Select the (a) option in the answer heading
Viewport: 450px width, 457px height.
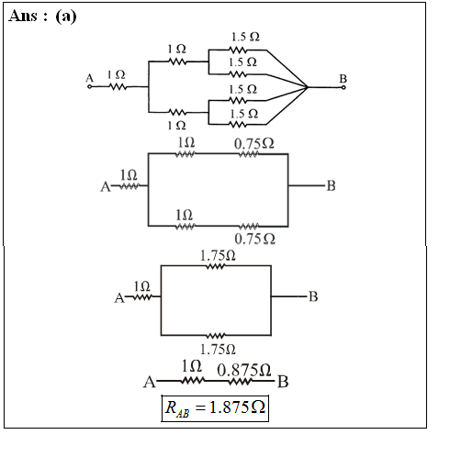coord(66,17)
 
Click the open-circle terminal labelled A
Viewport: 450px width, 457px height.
coord(89,87)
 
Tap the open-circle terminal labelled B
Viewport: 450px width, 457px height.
coord(343,87)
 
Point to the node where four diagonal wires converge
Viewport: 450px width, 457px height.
coord(307,87)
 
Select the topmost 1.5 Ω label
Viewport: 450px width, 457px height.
coord(245,37)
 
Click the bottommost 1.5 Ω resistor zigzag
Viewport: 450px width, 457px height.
coord(238,125)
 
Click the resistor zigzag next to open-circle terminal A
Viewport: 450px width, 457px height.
coord(118,87)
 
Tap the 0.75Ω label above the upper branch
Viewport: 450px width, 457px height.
coord(254,143)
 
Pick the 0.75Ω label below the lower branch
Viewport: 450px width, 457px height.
coord(254,239)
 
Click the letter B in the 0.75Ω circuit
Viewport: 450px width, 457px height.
coord(331,185)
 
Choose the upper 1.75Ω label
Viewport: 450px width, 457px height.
coord(218,255)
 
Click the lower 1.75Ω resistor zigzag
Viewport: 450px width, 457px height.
coord(216,336)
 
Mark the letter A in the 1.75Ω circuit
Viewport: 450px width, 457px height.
coord(119,297)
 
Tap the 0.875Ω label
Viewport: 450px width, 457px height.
coord(244,370)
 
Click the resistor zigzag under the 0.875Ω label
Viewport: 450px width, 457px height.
coord(241,382)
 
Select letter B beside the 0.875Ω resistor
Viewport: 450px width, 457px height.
coord(283,382)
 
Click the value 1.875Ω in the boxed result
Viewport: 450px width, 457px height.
coord(237,407)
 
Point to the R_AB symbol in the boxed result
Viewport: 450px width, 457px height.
coord(177,409)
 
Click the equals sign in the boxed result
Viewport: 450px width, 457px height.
coord(199,408)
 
